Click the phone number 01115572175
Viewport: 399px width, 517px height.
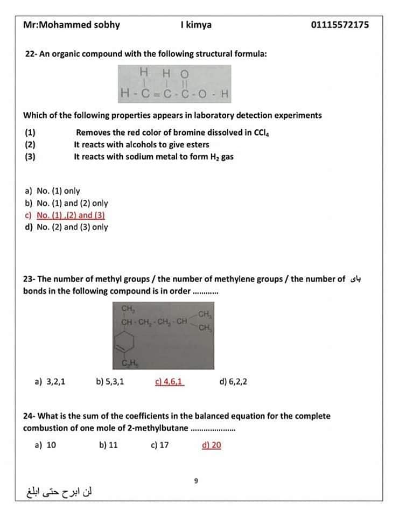[340, 25]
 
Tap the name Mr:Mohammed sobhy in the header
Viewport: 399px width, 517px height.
[72, 25]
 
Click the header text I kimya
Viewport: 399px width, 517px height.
[196, 25]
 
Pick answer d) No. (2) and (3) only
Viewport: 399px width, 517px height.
[66, 227]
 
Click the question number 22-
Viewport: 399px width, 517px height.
[31, 54]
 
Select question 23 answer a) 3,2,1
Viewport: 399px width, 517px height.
[50, 382]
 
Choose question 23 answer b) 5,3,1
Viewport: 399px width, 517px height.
[110, 382]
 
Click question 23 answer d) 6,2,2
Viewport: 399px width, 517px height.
[234, 382]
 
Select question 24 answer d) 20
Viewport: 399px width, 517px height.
[212, 445]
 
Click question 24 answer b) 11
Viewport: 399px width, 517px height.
[109, 445]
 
